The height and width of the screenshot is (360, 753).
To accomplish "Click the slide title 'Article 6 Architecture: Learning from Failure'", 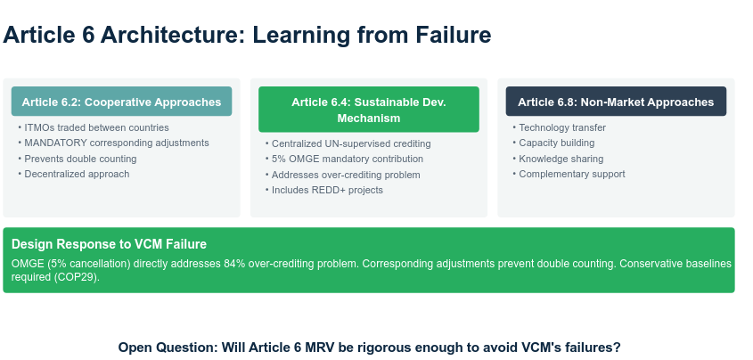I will (248, 36).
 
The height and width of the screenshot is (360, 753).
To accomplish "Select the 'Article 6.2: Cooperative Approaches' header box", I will (121, 102).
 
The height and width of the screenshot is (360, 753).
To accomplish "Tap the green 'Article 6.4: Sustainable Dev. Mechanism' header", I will (368, 110).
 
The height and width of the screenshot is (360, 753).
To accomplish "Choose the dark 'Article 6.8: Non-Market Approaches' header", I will (616, 102).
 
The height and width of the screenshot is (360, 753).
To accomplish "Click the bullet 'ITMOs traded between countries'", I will (96, 127).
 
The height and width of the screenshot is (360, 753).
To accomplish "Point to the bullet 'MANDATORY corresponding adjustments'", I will (117, 143).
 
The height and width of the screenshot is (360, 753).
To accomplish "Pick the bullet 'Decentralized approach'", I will (77, 174).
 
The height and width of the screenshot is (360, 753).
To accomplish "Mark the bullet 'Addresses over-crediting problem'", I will (346, 175).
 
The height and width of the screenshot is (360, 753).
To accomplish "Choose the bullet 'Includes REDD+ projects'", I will (327, 190).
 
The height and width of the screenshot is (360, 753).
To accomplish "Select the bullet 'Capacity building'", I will (557, 143).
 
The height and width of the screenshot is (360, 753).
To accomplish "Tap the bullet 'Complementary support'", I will (572, 174).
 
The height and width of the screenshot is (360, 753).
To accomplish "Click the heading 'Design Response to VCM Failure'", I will (109, 244).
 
